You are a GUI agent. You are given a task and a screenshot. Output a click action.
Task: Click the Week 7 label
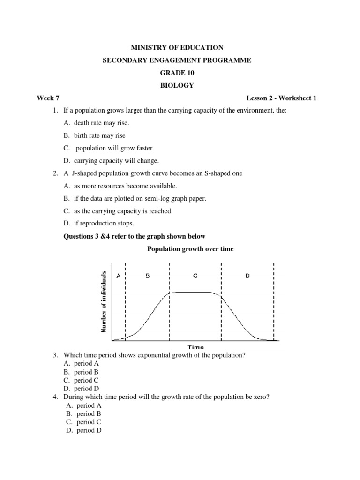(x=48, y=98)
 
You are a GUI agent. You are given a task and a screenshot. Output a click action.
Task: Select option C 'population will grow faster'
(x=110, y=148)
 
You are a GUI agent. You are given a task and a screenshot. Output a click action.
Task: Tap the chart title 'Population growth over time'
(x=190, y=249)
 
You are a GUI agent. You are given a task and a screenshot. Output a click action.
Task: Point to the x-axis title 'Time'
(x=195, y=347)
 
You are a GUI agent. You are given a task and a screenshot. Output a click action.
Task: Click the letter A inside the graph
(x=118, y=276)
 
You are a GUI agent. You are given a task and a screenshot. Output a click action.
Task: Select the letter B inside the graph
(x=147, y=276)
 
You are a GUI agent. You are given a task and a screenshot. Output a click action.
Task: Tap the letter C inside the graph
(x=195, y=276)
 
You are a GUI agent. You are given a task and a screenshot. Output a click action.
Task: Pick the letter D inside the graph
(x=247, y=276)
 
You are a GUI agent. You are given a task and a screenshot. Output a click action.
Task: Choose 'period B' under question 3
(x=86, y=372)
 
